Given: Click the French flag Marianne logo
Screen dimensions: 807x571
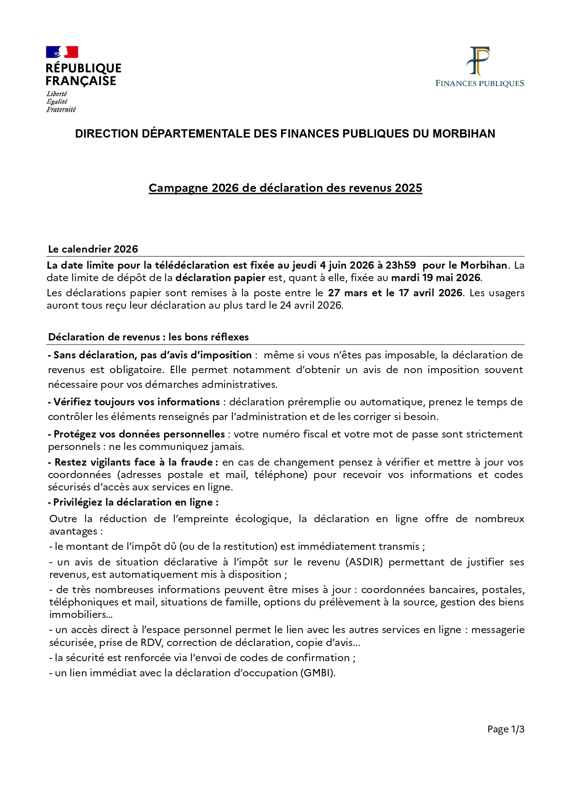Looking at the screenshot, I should coord(62,52).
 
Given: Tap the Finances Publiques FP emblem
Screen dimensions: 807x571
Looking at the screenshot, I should coord(479,61).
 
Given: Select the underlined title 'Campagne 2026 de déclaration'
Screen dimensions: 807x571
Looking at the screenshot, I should coord(285,188).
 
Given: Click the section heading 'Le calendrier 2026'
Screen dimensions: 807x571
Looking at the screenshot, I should coord(93,249).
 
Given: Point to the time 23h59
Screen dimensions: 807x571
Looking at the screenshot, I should coord(400,265).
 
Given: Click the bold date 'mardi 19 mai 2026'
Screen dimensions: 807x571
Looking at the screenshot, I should coord(435,278).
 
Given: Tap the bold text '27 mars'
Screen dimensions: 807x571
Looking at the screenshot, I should coord(347,293).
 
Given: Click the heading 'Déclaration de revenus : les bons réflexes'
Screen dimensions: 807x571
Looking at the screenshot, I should coord(148,337).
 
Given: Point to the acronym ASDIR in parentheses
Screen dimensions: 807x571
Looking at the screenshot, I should coord(364,562).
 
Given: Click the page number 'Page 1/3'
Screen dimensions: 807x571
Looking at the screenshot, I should coord(506,729).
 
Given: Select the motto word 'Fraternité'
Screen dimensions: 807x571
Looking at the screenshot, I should coord(61,110).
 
